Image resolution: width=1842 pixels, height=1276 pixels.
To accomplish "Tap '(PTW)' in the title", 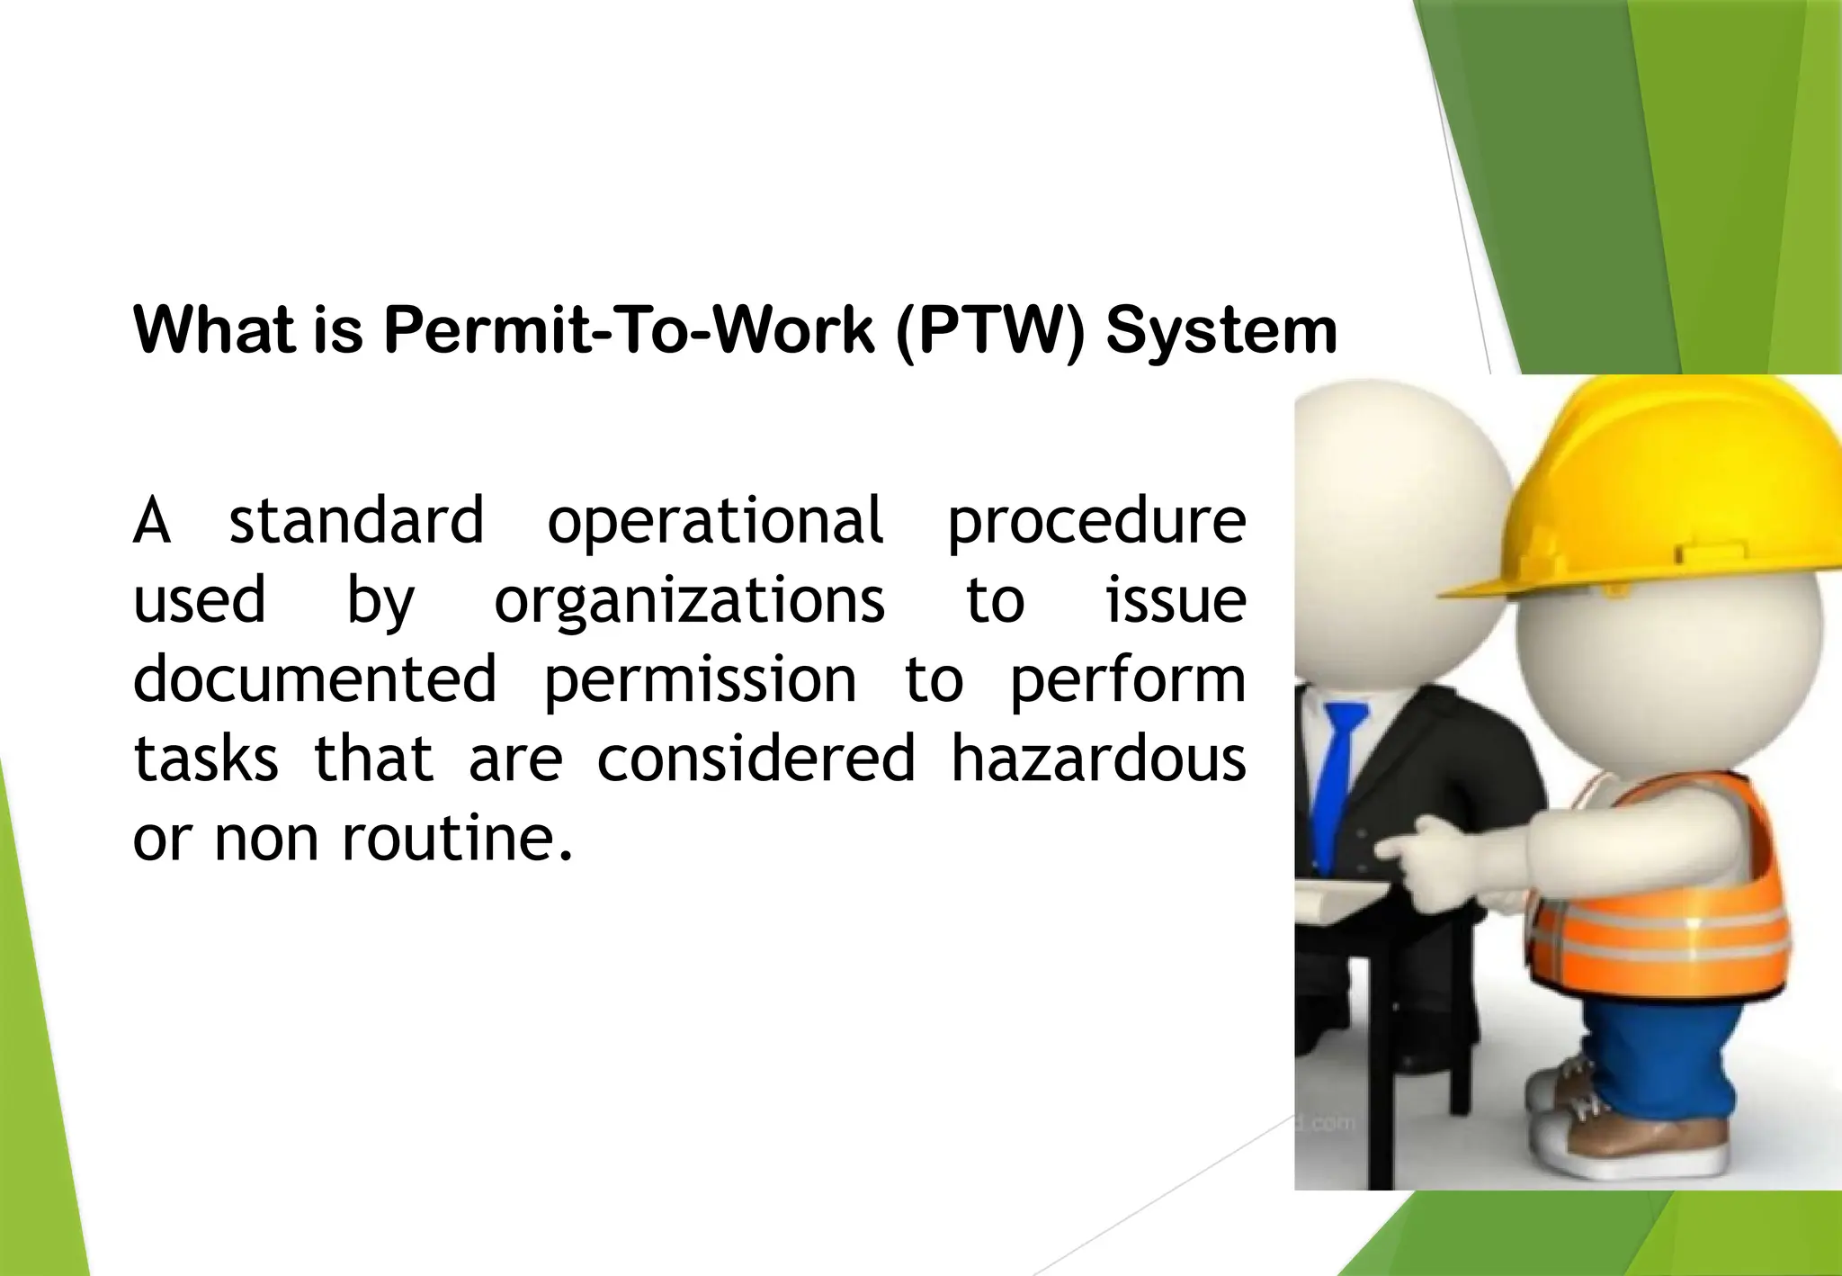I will (990, 331).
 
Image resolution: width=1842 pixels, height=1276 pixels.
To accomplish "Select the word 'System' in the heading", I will (1221, 331).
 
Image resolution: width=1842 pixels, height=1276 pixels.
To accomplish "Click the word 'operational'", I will (716, 522).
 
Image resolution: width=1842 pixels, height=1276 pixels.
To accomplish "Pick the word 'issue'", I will (1176, 601).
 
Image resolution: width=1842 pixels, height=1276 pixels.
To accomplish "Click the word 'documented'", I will (315, 679).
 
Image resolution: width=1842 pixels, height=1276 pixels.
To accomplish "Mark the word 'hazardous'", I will (1098, 759).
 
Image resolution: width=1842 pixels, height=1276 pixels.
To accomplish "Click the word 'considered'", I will (756, 759).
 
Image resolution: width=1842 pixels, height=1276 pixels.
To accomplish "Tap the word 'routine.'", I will (457, 838).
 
